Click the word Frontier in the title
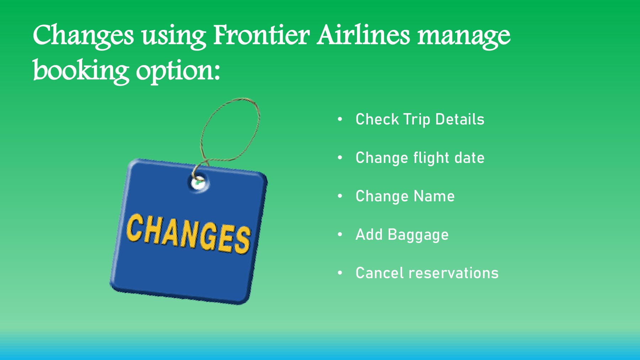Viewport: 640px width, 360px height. click(261, 35)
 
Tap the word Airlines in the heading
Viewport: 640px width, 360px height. click(363, 35)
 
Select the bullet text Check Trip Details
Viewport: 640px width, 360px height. click(420, 120)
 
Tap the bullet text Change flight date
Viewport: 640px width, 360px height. click(420, 158)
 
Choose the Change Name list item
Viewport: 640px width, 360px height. click(405, 196)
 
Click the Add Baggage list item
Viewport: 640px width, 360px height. click(402, 235)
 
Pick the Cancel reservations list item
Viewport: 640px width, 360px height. click(427, 273)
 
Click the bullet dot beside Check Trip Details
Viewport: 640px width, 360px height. click(340, 119)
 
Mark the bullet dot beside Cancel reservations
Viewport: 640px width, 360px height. click(340, 272)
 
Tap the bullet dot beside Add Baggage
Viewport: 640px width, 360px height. click(340, 234)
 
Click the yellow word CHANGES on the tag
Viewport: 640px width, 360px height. click(188, 234)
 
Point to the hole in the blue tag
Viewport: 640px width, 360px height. click(198, 183)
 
